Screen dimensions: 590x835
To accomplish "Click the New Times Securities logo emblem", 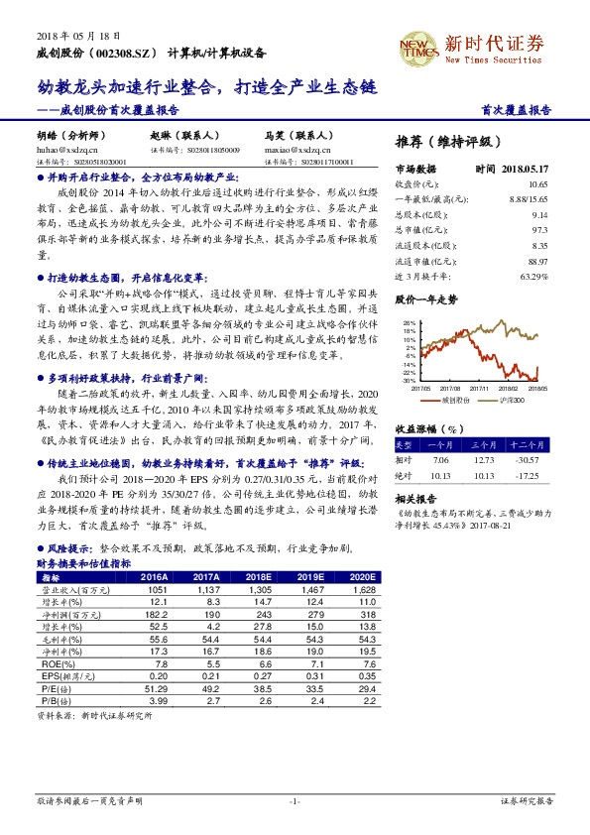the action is click(x=414, y=47).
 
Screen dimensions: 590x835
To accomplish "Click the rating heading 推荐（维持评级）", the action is click(x=449, y=141).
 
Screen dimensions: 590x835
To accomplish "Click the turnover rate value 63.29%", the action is click(x=531, y=275).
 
